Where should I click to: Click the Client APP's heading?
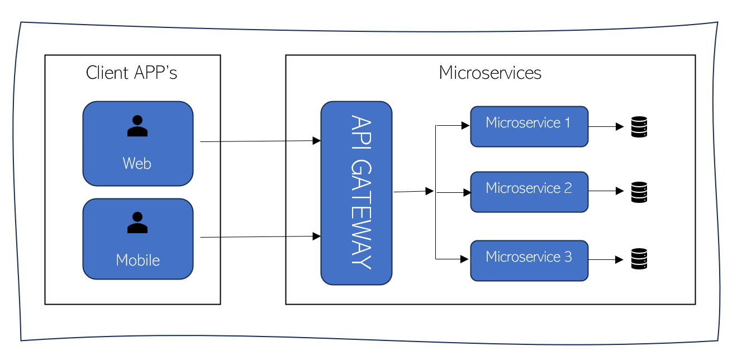tap(131, 73)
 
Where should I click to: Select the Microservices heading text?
tap(490, 73)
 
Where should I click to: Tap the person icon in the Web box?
tap(137, 126)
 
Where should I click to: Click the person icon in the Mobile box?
tap(137, 223)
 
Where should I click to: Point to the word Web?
tap(137, 163)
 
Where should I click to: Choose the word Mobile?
tap(138, 260)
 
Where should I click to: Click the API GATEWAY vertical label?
tap(361, 192)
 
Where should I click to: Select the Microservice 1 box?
tap(529, 126)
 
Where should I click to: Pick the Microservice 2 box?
tap(529, 192)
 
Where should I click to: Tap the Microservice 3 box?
tap(529, 260)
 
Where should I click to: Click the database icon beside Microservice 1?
tap(639, 127)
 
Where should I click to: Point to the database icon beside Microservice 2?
tap(639, 192)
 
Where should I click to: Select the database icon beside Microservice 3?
tap(639, 259)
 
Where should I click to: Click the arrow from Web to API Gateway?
tap(260, 141)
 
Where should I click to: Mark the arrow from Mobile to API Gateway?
tap(260, 236)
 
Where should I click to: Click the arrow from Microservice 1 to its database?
tap(606, 126)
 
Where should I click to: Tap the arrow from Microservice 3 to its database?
tap(606, 259)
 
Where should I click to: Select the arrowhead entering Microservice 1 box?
tap(465, 125)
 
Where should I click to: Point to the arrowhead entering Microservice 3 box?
tap(464, 259)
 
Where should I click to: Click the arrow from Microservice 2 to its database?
tap(606, 191)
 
